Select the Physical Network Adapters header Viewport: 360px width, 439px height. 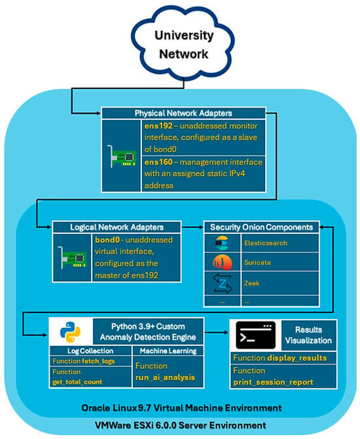(x=183, y=113)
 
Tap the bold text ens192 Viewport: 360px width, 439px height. (x=158, y=126)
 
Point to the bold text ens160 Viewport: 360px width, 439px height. (x=158, y=162)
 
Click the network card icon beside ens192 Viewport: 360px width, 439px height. (x=122, y=156)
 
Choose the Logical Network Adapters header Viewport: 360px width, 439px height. (x=117, y=227)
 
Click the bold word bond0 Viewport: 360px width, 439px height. (x=107, y=240)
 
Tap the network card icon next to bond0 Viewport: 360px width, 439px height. (x=72, y=258)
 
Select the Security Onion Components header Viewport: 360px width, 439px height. (x=262, y=227)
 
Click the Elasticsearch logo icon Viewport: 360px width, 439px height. (x=223, y=243)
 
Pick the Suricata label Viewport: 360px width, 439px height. (x=257, y=262)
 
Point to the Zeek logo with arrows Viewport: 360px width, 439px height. (x=223, y=283)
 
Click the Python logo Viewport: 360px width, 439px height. (x=70, y=332)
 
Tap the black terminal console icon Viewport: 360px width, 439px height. (x=256, y=335)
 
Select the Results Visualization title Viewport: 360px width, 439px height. (x=308, y=335)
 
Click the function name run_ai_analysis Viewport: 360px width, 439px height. (x=166, y=377)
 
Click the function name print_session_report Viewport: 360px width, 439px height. (x=274, y=382)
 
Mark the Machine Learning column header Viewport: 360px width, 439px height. (x=168, y=351)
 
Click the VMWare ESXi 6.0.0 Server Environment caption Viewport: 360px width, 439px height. (x=181, y=425)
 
